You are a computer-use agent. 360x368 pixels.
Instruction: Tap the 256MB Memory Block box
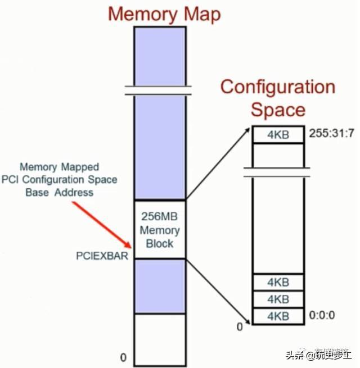point(159,229)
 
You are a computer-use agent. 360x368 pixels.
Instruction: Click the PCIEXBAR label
point(102,256)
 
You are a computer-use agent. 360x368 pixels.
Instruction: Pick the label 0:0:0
point(322,316)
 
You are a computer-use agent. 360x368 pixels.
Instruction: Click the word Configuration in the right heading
point(277,87)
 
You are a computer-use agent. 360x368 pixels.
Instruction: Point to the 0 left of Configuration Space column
point(239,325)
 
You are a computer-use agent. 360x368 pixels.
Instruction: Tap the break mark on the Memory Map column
point(159,90)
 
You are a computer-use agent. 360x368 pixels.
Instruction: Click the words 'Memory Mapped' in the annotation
point(59,167)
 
